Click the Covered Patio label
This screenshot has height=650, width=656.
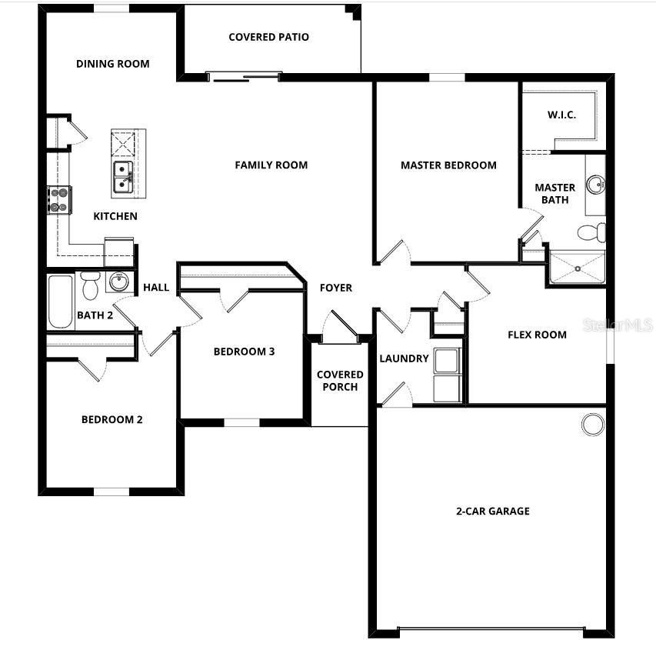(268, 37)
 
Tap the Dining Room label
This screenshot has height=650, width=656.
(112, 64)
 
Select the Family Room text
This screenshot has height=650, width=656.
(271, 165)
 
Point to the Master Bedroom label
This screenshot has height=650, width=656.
(448, 165)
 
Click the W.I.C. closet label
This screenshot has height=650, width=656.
(561, 115)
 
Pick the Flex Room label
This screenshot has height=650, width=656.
(537, 335)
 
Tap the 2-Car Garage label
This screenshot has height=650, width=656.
(492, 511)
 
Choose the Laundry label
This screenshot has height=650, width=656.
(404, 358)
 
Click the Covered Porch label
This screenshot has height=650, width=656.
(340, 381)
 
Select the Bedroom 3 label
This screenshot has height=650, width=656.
(244, 352)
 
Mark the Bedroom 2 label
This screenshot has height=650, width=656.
(112, 420)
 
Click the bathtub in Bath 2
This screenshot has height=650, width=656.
(61, 301)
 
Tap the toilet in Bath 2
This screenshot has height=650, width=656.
(90, 285)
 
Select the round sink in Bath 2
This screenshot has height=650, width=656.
(118, 282)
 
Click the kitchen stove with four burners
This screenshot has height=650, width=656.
(59, 199)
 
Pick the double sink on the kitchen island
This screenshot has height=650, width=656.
(123, 177)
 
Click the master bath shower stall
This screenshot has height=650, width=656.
(577, 266)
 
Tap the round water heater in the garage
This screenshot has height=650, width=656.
(592, 424)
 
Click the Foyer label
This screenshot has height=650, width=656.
(336, 288)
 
